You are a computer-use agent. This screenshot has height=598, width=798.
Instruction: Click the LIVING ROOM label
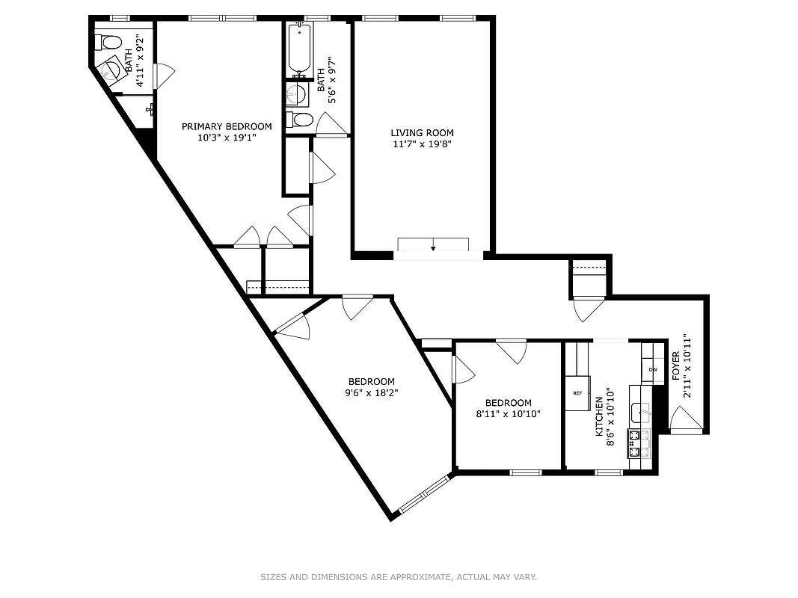[x=423, y=133]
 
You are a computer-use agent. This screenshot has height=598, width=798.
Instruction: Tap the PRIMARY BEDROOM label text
[x=227, y=126]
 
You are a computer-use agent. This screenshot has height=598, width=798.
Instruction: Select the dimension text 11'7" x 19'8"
[x=423, y=144]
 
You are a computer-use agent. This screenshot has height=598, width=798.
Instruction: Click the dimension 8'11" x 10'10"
[x=508, y=413]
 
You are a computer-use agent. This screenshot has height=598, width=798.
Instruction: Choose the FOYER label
[x=675, y=366]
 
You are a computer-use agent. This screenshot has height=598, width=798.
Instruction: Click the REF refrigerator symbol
[x=577, y=393]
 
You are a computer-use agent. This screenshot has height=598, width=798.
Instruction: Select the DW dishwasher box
[x=652, y=370]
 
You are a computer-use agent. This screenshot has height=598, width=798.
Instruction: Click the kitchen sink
[x=640, y=412]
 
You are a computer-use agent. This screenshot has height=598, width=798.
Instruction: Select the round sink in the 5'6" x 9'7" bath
[x=296, y=94]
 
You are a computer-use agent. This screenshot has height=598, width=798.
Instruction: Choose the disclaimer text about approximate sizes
[x=399, y=577]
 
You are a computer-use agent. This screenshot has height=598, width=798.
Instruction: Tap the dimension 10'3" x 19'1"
[x=227, y=138]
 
